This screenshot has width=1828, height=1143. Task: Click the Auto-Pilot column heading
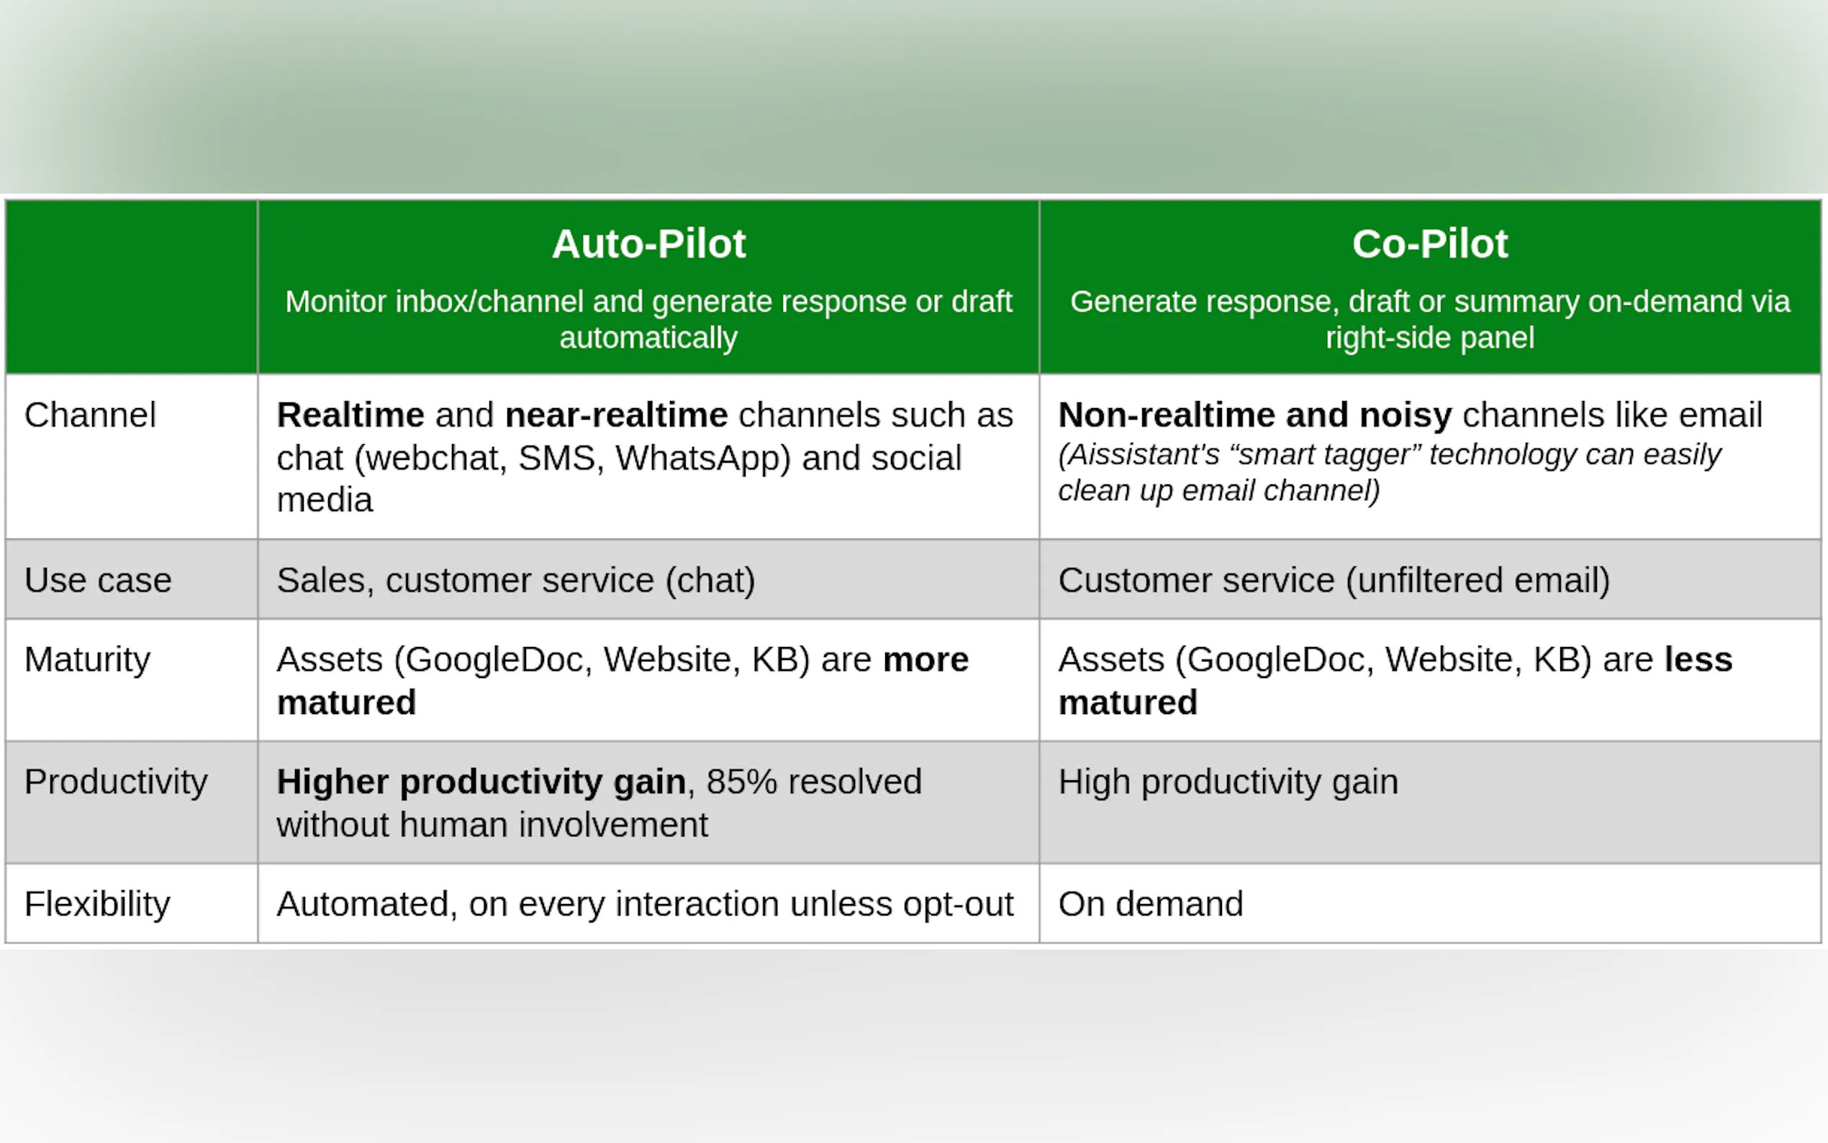coord(648,244)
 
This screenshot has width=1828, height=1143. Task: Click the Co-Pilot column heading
coord(1430,244)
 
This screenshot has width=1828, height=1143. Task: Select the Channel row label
coord(90,415)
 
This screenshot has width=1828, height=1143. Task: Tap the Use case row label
coord(99,581)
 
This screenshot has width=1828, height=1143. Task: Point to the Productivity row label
coord(116,782)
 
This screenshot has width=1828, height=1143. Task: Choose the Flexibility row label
coord(97,904)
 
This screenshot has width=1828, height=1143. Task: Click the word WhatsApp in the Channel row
coord(703,458)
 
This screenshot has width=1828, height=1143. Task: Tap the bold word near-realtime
coord(616,415)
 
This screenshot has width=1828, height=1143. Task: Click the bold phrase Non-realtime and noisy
coord(1255,415)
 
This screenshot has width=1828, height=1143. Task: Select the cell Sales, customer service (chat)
coord(516,581)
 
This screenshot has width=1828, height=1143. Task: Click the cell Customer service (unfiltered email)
coord(1334,581)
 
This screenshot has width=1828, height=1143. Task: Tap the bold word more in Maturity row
coord(926,660)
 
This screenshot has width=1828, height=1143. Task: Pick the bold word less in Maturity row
coord(1698,660)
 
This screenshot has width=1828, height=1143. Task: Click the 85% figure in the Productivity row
coord(741,782)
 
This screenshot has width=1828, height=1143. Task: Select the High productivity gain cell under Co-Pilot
coord(1228,782)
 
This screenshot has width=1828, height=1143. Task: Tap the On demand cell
coord(1151,904)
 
